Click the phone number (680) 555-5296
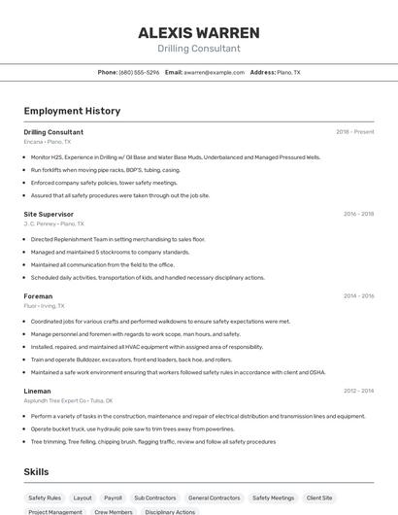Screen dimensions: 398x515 click(x=139, y=72)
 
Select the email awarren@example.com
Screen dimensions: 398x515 click(x=214, y=72)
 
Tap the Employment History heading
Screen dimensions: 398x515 click(x=72, y=111)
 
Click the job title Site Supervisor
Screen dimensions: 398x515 click(x=49, y=214)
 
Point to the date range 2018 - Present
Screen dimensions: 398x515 click(x=354, y=132)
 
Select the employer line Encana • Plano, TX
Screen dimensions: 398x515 click(x=47, y=142)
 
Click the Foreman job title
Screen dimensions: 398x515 click(x=38, y=296)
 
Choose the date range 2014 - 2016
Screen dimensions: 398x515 click(x=358, y=296)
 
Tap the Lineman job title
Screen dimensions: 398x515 click(x=38, y=391)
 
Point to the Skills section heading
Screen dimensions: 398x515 click(x=37, y=471)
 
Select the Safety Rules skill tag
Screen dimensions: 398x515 click(x=45, y=498)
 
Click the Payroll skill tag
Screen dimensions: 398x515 click(x=113, y=498)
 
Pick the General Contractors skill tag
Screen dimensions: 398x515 click(x=214, y=498)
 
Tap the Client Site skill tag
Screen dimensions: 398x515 click(x=319, y=498)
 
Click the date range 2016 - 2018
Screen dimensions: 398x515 click(x=358, y=214)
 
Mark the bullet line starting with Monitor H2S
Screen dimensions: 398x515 click(x=175, y=156)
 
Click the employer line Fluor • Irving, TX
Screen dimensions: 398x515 click(x=44, y=306)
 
